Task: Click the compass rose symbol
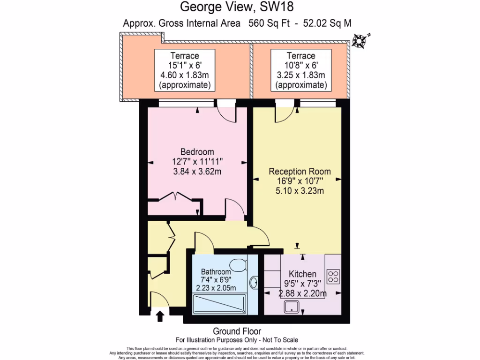(360, 41)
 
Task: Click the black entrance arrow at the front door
(159, 316)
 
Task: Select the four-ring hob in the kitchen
(333, 277)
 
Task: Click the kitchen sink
(293, 307)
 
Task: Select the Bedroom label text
(197, 152)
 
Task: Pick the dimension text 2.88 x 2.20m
(302, 294)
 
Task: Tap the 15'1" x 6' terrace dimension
(185, 66)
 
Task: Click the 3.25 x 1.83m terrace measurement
(300, 75)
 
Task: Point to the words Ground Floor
(237, 331)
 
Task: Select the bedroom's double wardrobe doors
(176, 196)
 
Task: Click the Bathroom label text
(216, 272)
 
